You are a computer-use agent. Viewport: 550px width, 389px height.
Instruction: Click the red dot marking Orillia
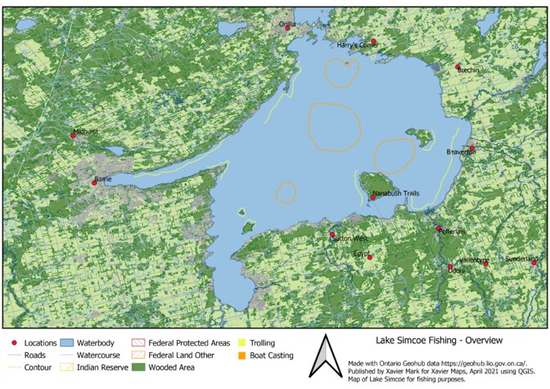(287, 29)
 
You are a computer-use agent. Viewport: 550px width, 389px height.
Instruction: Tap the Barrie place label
(103, 178)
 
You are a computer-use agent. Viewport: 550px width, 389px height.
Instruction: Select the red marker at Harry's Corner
(373, 41)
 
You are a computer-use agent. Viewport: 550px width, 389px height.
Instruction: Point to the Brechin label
(469, 70)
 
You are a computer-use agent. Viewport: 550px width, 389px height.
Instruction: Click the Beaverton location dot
(472, 148)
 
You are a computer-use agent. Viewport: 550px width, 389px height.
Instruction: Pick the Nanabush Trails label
(395, 193)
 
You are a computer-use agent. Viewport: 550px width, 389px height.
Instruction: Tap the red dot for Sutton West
(332, 234)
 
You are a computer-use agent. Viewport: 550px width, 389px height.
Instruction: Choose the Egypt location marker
(369, 258)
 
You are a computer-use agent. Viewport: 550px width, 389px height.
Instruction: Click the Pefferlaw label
(453, 232)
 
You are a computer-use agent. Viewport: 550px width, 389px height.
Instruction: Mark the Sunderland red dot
(534, 262)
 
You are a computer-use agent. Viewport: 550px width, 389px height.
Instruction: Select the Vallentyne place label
(474, 260)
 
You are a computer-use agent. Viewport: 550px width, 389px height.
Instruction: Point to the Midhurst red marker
(74, 135)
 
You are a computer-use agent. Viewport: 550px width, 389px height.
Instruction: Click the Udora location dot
(450, 267)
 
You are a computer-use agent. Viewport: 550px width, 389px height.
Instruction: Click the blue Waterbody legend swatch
(68, 342)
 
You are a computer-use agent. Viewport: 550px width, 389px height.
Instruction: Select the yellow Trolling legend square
(243, 342)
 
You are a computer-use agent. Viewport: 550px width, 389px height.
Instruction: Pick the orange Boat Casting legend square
(243, 355)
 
